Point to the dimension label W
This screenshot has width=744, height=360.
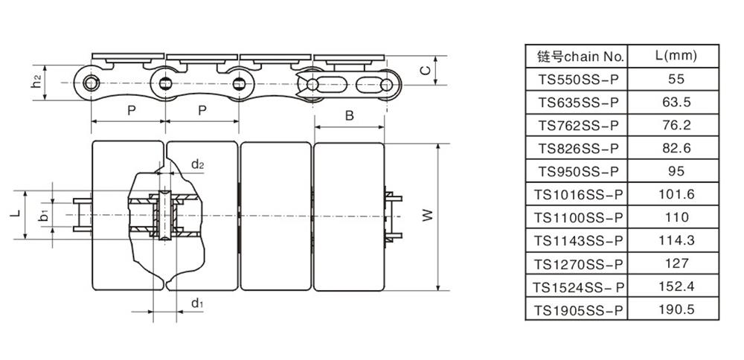pyautogui.click(x=426, y=216)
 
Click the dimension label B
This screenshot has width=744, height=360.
pyautogui.click(x=349, y=115)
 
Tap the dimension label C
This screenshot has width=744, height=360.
pyautogui.click(x=425, y=71)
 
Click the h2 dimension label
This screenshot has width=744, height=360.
pyautogui.click(x=36, y=82)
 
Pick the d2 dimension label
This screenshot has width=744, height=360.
pyautogui.click(x=197, y=164)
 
